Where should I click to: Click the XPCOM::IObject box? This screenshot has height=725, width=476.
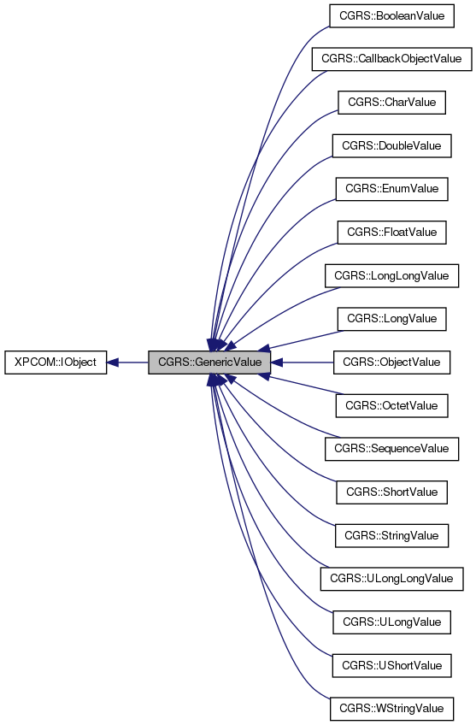tap(56, 362)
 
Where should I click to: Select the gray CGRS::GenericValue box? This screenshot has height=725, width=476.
tap(209, 362)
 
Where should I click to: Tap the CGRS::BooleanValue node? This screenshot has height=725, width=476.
tap(391, 15)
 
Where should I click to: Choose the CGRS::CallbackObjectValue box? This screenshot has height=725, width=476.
tap(391, 59)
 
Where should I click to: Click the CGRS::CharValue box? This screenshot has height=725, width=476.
tap(391, 103)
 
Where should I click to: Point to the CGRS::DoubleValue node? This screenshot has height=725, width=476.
tap(391, 145)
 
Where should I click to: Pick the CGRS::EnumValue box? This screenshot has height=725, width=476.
tap(391, 189)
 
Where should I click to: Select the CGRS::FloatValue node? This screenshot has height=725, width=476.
tap(391, 233)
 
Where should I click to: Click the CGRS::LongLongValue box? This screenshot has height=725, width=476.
tap(391, 275)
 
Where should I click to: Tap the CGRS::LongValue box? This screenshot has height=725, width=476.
tap(391, 319)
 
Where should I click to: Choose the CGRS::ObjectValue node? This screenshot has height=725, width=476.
tap(391, 362)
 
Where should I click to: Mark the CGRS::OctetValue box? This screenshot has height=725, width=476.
tap(391, 405)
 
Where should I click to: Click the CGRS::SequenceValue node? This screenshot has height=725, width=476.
tap(391, 449)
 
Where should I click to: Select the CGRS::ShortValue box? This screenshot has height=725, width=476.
tap(391, 492)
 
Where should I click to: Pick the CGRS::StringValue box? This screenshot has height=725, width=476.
tap(391, 536)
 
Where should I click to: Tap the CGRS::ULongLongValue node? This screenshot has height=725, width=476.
tap(391, 579)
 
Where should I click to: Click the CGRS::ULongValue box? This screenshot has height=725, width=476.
tap(391, 622)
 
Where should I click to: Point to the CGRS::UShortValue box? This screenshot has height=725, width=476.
tap(391, 665)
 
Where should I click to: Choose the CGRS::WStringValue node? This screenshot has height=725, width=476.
tap(391, 709)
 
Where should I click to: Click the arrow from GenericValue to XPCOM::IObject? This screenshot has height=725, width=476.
tap(128, 362)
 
